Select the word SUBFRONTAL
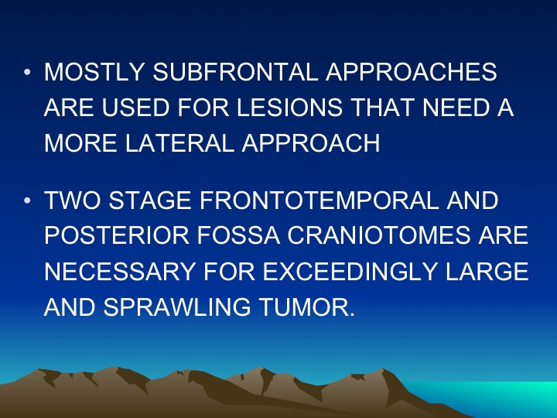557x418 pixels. (x=235, y=72)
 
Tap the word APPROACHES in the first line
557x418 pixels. (x=412, y=72)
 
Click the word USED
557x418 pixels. (x=135, y=108)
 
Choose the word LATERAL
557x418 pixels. (x=179, y=143)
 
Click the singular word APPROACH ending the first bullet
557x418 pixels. (x=311, y=143)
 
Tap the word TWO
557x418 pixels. (x=73, y=200)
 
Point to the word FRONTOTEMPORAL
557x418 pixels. (x=320, y=200)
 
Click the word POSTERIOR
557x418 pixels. (x=117, y=235)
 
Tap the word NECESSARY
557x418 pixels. (x=120, y=271)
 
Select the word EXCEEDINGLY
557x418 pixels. (x=350, y=271)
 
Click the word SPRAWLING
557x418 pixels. (x=177, y=307)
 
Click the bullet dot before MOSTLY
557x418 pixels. (x=27, y=72)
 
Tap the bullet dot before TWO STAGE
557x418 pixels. (x=27, y=200)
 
